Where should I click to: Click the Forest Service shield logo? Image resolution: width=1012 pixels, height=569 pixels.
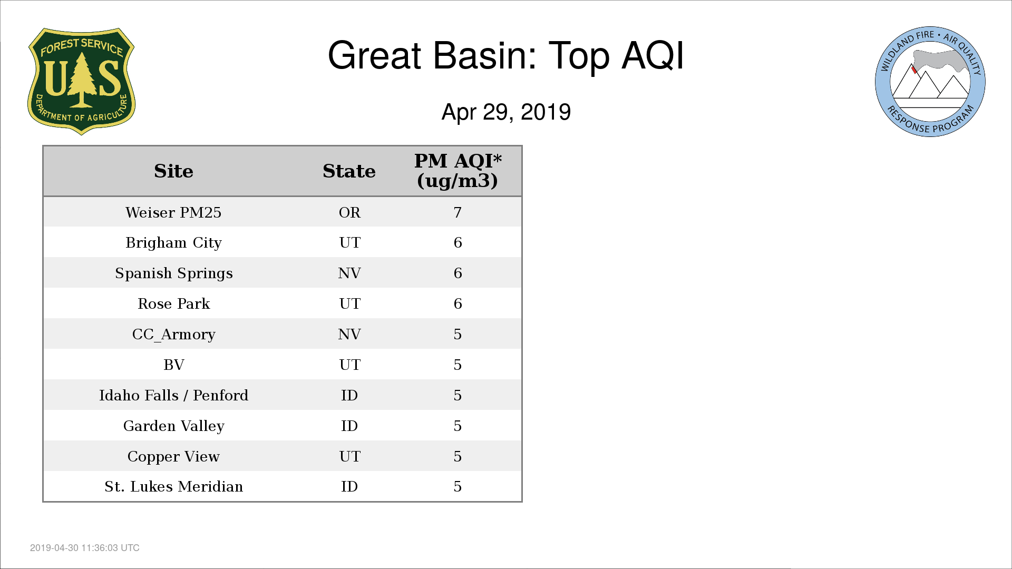pyautogui.click(x=81, y=82)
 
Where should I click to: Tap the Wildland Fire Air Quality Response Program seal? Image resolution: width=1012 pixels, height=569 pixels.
pyautogui.click(x=930, y=82)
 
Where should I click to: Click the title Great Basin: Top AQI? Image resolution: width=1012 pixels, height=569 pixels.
pyautogui.click(x=506, y=55)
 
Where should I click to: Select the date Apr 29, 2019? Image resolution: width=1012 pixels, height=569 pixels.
pyautogui.click(x=506, y=112)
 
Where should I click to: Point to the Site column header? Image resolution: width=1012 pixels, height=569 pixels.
pyautogui.click(x=174, y=171)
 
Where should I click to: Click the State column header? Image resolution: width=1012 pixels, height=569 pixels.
pyautogui.click(x=349, y=171)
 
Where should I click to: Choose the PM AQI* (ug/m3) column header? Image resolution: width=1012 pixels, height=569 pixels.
pyautogui.click(x=458, y=171)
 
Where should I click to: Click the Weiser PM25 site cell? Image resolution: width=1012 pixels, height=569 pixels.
pyautogui.click(x=174, y=212)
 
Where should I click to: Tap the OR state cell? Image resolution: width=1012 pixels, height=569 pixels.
pyautogui.click(x=349, y=212)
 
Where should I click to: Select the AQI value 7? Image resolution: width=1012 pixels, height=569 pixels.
pyautogui.click(x=458, y=212)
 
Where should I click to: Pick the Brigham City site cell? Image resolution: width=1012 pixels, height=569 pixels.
pyautogui.click(x=174, y=243)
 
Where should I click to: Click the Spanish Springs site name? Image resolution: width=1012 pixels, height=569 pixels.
pyautogui.click(x=174, y=273)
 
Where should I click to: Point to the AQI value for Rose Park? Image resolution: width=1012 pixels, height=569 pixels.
pyautogui.click(x=458, y=304)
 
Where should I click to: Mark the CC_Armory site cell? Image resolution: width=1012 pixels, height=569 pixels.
pyautogui.click(x=174, y=335)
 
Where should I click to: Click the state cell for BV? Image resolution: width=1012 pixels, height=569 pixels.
pyautogui.click(x=349, y=365)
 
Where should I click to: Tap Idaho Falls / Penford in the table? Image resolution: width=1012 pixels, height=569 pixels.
pyautogui.click(x=174, y=395)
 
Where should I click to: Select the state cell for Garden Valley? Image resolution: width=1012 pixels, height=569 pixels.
pyautogui.click(x=349, y=426)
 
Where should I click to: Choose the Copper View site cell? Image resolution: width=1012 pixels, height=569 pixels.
pyautogui.click(x=174, y=456)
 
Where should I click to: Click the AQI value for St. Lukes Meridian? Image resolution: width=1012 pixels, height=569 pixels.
pyautogui.click(x=458, y=486)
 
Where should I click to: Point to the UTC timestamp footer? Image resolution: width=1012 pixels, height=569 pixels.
pyautogui.click(x=85, y=548)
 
